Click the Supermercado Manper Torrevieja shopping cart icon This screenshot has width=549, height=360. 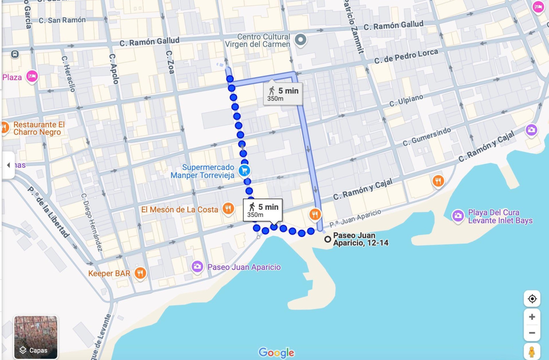(244, 170)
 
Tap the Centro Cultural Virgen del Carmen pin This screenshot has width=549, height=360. (300, 40)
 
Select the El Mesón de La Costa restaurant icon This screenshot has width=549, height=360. (228, 209)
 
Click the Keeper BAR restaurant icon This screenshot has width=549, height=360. (140, 273)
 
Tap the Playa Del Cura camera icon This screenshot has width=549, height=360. (458, 216)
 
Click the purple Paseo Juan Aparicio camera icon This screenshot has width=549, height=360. (197, 267)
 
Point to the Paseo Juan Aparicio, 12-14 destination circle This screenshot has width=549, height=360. (328, 239)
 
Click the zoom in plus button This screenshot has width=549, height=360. (532, 317)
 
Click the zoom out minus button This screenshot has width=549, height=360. (532, 333)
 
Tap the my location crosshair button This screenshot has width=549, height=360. (532, 299)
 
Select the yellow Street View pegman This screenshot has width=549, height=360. (532, 352)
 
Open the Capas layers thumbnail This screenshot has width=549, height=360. (36, 337)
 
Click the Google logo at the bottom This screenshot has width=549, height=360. (276, 352)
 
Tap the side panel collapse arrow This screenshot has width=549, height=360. (8, 165)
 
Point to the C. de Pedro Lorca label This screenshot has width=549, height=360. (406, 56)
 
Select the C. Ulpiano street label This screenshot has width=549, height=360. (406, 100)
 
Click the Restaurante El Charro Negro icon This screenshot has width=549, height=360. (4, 128)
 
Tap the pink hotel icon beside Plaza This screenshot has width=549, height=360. (32, 76)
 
